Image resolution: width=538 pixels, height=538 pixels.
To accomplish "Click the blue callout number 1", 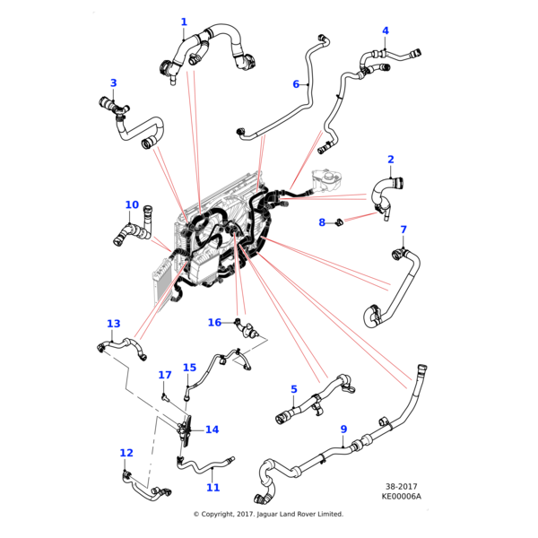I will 184,22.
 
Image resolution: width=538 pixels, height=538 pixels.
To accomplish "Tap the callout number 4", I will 386,31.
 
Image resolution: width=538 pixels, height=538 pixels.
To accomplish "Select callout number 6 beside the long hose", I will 296,84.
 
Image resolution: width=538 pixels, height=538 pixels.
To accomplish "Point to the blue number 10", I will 132,205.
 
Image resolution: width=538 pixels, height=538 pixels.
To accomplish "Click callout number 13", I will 113,324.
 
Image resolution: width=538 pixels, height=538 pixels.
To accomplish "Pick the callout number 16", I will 214,323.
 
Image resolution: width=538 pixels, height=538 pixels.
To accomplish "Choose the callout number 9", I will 343,430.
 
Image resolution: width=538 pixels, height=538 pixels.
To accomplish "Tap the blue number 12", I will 126,454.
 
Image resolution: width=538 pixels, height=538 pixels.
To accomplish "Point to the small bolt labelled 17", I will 165,394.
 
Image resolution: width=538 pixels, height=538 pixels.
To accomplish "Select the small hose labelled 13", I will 118,346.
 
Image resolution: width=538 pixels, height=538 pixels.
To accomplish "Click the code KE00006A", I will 402,497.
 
